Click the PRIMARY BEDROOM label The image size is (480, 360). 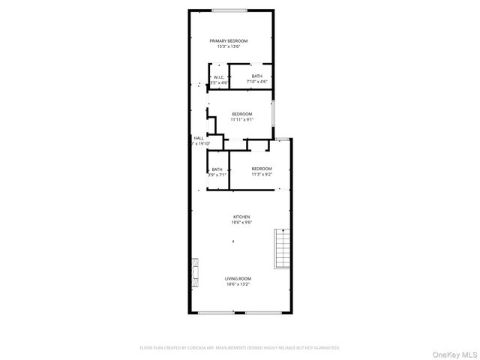pyautogui.click(x=229, y=40)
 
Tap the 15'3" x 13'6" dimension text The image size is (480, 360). pyautogui.click(x=229, y=46)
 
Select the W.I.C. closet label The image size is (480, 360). pyautogui.click(x=218, y=76)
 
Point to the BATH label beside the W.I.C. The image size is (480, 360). pyautogui.click(x=257, y=76)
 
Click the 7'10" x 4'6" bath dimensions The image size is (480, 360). pyautogui.click(x=257, y=81)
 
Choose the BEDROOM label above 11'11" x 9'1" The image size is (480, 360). pyautogui.click(x=241, y=114)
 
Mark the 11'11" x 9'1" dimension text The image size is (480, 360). pyautogui.click(x=241, y=119)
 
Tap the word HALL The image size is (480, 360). pyautogui.click(x=199, y=138)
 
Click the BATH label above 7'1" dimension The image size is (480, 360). pyautogui.click(x=217, y=169)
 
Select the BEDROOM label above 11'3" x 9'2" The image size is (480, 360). pyautogui.click(x=262, y=169)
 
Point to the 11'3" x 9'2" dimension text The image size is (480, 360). pyautogui.click(x=262, y=174)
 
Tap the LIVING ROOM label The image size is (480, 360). pyautogui.click(x=238, y=278)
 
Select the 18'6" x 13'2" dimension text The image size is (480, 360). pyautogui.click(x=238, y=284)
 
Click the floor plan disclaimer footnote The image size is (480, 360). pyautogui.click(x=240, y=348)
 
